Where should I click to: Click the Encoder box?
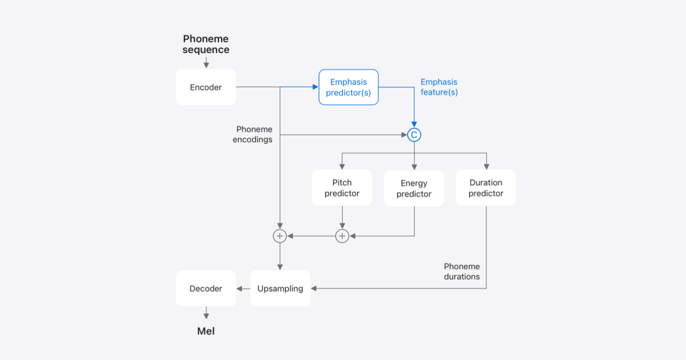click(x=206, y=87)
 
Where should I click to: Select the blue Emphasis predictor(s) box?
click(x=349, y=87)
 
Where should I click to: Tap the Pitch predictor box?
click(x=342, y=188)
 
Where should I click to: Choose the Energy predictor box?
click(x=414, y=189)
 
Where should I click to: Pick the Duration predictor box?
click(x=486, y=188)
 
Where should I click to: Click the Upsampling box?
click(x=280, y=289)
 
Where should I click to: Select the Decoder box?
click(x=206, y=289)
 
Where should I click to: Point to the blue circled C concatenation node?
click(x=414, y=135)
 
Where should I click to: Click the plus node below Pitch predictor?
click(x=342, y=235)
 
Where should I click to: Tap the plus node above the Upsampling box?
click(x=280, y=235)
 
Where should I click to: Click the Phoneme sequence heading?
click(x=206, y=45)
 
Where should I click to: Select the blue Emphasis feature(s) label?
click(x=439, y=87)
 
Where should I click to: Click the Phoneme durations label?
click(x=462, y=271)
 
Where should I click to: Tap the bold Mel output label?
click(x=206, y=331)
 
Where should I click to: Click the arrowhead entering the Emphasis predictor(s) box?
click(x=315, y=87)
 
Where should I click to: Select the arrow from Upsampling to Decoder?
click(x=244, y=289)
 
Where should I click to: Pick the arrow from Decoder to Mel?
click(x=206, y=314)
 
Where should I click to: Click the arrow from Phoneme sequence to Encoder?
click(x=206, y=62)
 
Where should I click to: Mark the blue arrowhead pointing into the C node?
click(x=414, y=125)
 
